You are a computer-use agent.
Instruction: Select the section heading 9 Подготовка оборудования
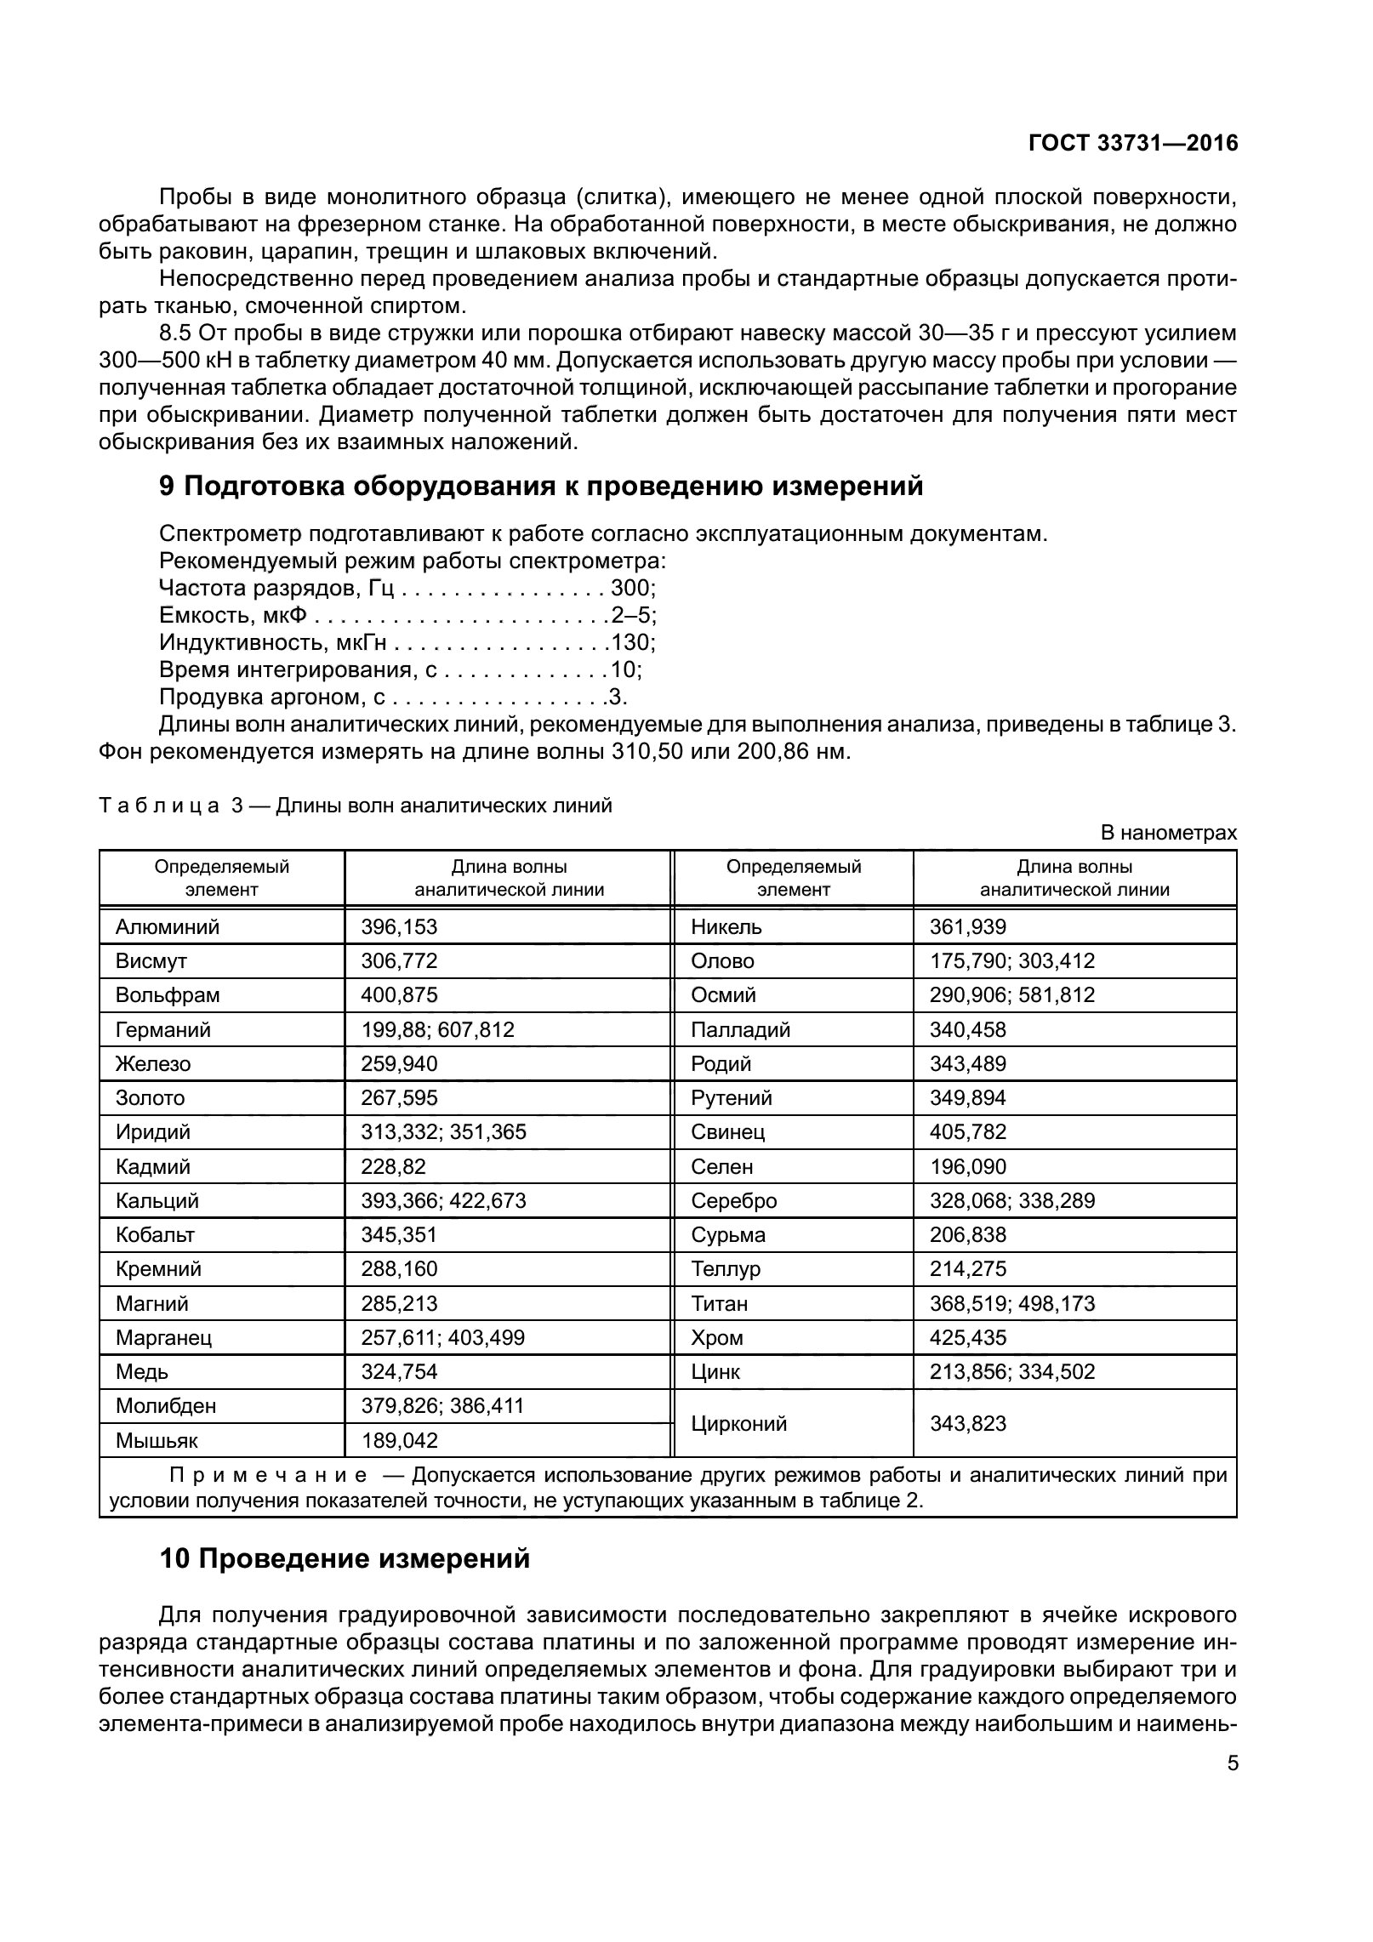[541, 487]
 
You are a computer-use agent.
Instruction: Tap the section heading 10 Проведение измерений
[345, 1558]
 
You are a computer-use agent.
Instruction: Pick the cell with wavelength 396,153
[399, 926]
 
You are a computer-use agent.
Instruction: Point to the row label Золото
[150, 1097]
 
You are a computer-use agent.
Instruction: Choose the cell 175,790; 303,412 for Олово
[1011, 960]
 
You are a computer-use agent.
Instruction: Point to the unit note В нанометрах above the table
[1169, 833]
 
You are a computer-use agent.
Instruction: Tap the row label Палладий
[740, 1029]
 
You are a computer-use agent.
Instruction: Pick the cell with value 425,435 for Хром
[967, 1337]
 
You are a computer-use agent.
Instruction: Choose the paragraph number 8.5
[178, 333]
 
